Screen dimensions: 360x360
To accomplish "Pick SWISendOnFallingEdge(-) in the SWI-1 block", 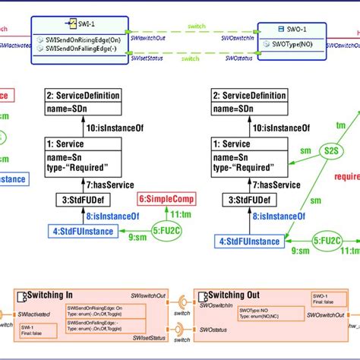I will point(81,49).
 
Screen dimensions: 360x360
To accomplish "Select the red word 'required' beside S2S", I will point(346,178).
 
